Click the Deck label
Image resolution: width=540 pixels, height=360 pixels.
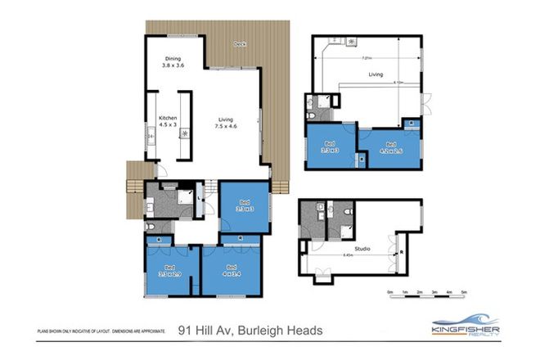[x=240, y=43]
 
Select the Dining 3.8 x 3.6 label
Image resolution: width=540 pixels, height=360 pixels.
[x=173, y=61]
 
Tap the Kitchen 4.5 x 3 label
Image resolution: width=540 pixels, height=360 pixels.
[x=167, y=121]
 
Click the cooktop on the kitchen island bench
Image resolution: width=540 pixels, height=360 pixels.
[x=185, y=133]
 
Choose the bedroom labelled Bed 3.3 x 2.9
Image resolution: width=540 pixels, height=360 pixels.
[x=170, y=270]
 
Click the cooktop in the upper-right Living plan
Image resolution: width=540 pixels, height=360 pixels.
[x=351, y=41]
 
